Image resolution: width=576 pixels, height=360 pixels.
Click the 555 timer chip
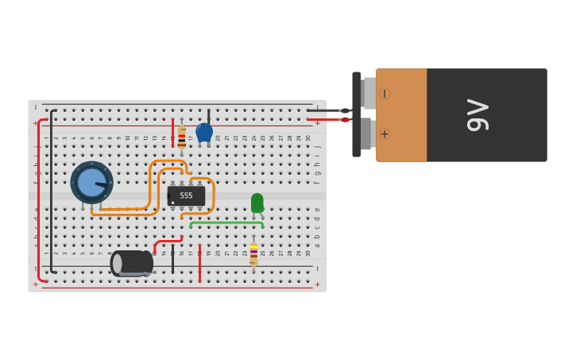click(x=186, y=195)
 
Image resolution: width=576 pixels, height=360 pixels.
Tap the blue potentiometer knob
click(x=91, y=183)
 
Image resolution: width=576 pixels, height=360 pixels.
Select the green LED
click(x=257, y=203)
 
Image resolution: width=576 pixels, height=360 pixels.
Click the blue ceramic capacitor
click(x=204, y=132)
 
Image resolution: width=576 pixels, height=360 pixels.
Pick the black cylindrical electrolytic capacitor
click(x=132, y=263)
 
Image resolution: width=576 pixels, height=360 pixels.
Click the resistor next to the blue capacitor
click(x=182, y=138)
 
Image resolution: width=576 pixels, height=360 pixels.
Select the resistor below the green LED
click(x=253, y=255)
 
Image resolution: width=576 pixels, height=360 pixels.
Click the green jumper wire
click(x=226, y=223)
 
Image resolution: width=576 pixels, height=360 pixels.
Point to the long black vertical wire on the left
click(x=52, y=191)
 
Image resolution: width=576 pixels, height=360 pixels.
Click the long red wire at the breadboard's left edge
click(x=38, y=199)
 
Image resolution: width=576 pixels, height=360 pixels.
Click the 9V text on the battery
click(x=477, y=115)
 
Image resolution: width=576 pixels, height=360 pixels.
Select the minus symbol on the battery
click(x=385, y=94)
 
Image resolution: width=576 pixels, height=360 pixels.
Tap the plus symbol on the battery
click(x=385, y=134)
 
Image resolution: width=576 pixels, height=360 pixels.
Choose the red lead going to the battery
click(x=326, y=119)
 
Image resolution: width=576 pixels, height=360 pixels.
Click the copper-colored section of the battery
click(x=401, y=115)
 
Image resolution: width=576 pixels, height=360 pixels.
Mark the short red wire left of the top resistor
click(x=172, y=132)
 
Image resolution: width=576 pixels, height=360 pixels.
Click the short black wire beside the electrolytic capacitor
click(x=172, y=259)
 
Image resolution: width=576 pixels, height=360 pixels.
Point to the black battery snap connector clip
click(x=357, y=114)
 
